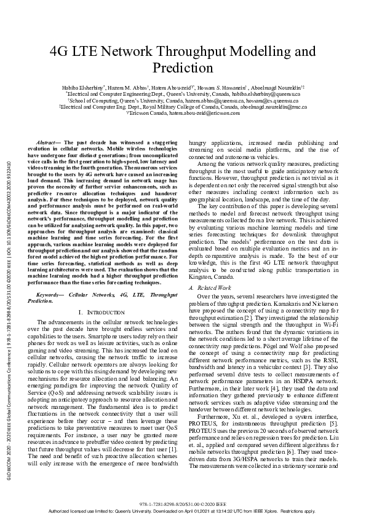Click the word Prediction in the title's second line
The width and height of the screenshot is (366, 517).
[x=182, y=68]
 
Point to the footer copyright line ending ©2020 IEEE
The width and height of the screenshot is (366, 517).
[x=182, y=502]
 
